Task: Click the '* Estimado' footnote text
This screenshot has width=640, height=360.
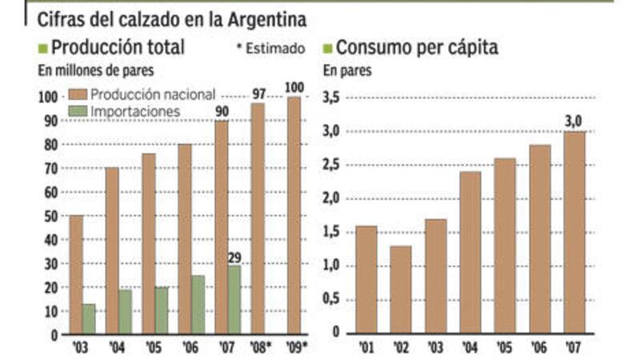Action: (271, 49)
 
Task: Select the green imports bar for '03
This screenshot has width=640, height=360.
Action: (89, 318)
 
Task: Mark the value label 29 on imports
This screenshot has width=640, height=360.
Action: (234, 258)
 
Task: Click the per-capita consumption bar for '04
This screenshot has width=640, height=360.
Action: (471, 252)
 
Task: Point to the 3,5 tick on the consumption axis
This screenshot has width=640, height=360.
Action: (331, 98)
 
